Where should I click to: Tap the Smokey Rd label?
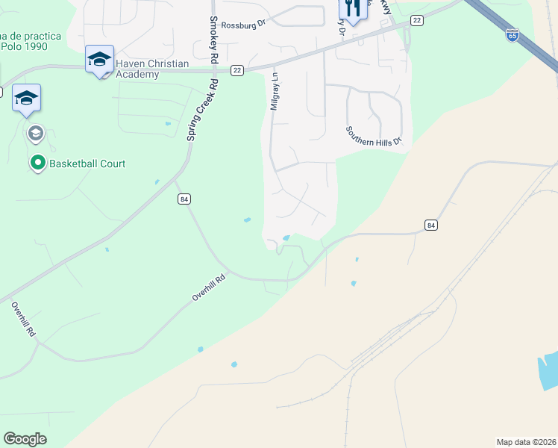(x=214, y=40)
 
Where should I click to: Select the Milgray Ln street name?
(x=275, y=91)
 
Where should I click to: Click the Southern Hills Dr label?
(x=373, y=135)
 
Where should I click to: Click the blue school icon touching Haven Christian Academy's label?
(x=99, y=60)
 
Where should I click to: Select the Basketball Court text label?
(x=88, y=164)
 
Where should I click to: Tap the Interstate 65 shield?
(x=512, y=34)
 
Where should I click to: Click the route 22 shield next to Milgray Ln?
(x=237, y=70)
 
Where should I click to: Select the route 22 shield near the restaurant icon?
(x=416, y=20)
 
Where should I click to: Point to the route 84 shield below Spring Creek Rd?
(x=184, y=199)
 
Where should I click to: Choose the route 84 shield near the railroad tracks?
(x=430, y=225)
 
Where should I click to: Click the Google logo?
(x=25, y=439)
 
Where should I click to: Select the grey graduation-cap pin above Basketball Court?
(x=34, y=134)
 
